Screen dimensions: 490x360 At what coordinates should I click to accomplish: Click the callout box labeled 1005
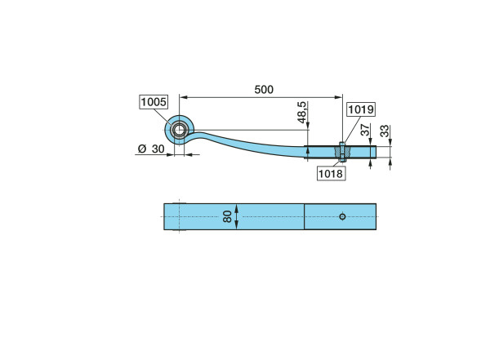154,102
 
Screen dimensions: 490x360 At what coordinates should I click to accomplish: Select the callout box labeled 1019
361,109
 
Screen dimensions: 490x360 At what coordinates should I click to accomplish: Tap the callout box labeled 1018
331,173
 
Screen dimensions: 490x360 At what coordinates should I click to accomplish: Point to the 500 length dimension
264,90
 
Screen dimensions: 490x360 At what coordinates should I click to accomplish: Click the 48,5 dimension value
302,113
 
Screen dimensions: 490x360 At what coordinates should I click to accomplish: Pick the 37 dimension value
365,130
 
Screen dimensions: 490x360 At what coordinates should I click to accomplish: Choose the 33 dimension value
385,131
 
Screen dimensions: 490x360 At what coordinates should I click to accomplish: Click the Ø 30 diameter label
151,149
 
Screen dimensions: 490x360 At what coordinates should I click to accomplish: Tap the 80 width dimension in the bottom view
227,216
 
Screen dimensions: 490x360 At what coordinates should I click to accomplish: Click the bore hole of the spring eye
179,130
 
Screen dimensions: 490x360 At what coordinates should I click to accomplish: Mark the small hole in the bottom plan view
342,216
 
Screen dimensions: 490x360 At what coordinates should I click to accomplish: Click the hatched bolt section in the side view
343,152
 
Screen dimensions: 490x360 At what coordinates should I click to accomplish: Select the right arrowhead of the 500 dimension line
339,97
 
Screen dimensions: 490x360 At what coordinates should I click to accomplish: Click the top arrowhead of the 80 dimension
237,208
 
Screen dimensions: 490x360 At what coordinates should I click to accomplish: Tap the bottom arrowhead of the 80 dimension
237,225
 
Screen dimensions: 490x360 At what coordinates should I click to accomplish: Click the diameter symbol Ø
142,149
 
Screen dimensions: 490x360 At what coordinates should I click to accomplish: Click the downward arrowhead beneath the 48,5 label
308,126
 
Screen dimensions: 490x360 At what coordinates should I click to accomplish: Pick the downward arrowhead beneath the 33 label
390,142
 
